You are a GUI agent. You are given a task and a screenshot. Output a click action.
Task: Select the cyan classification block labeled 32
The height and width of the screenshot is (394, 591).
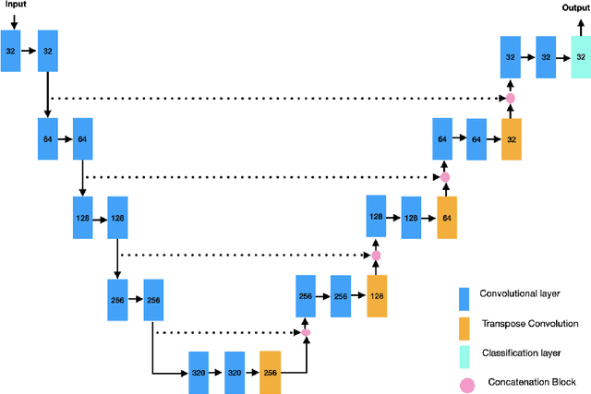(x=581, y=57)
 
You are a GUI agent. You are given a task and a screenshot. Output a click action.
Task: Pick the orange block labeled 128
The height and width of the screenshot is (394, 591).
(x=377, y=296)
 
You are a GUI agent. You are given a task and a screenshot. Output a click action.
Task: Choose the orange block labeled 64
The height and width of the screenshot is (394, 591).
(x=446, y=218)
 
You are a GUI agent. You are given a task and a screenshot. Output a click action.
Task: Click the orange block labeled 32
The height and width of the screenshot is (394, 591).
(x=511, y=139)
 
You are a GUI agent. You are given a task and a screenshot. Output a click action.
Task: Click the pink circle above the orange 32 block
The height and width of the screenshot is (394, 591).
(x=510, y=98)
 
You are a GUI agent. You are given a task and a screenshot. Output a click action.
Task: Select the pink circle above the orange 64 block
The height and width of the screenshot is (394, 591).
(x=445, y=176)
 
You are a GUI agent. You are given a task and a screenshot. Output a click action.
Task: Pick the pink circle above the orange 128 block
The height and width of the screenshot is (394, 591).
(x=376, y=255)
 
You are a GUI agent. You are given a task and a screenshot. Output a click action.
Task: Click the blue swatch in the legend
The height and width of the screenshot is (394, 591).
(x=466, y=297)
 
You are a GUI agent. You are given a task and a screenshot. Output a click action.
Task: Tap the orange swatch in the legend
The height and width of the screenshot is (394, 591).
(x=466, y=327)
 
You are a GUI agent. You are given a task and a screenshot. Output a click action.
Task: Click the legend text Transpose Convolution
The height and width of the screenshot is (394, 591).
(x=529, y=324)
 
